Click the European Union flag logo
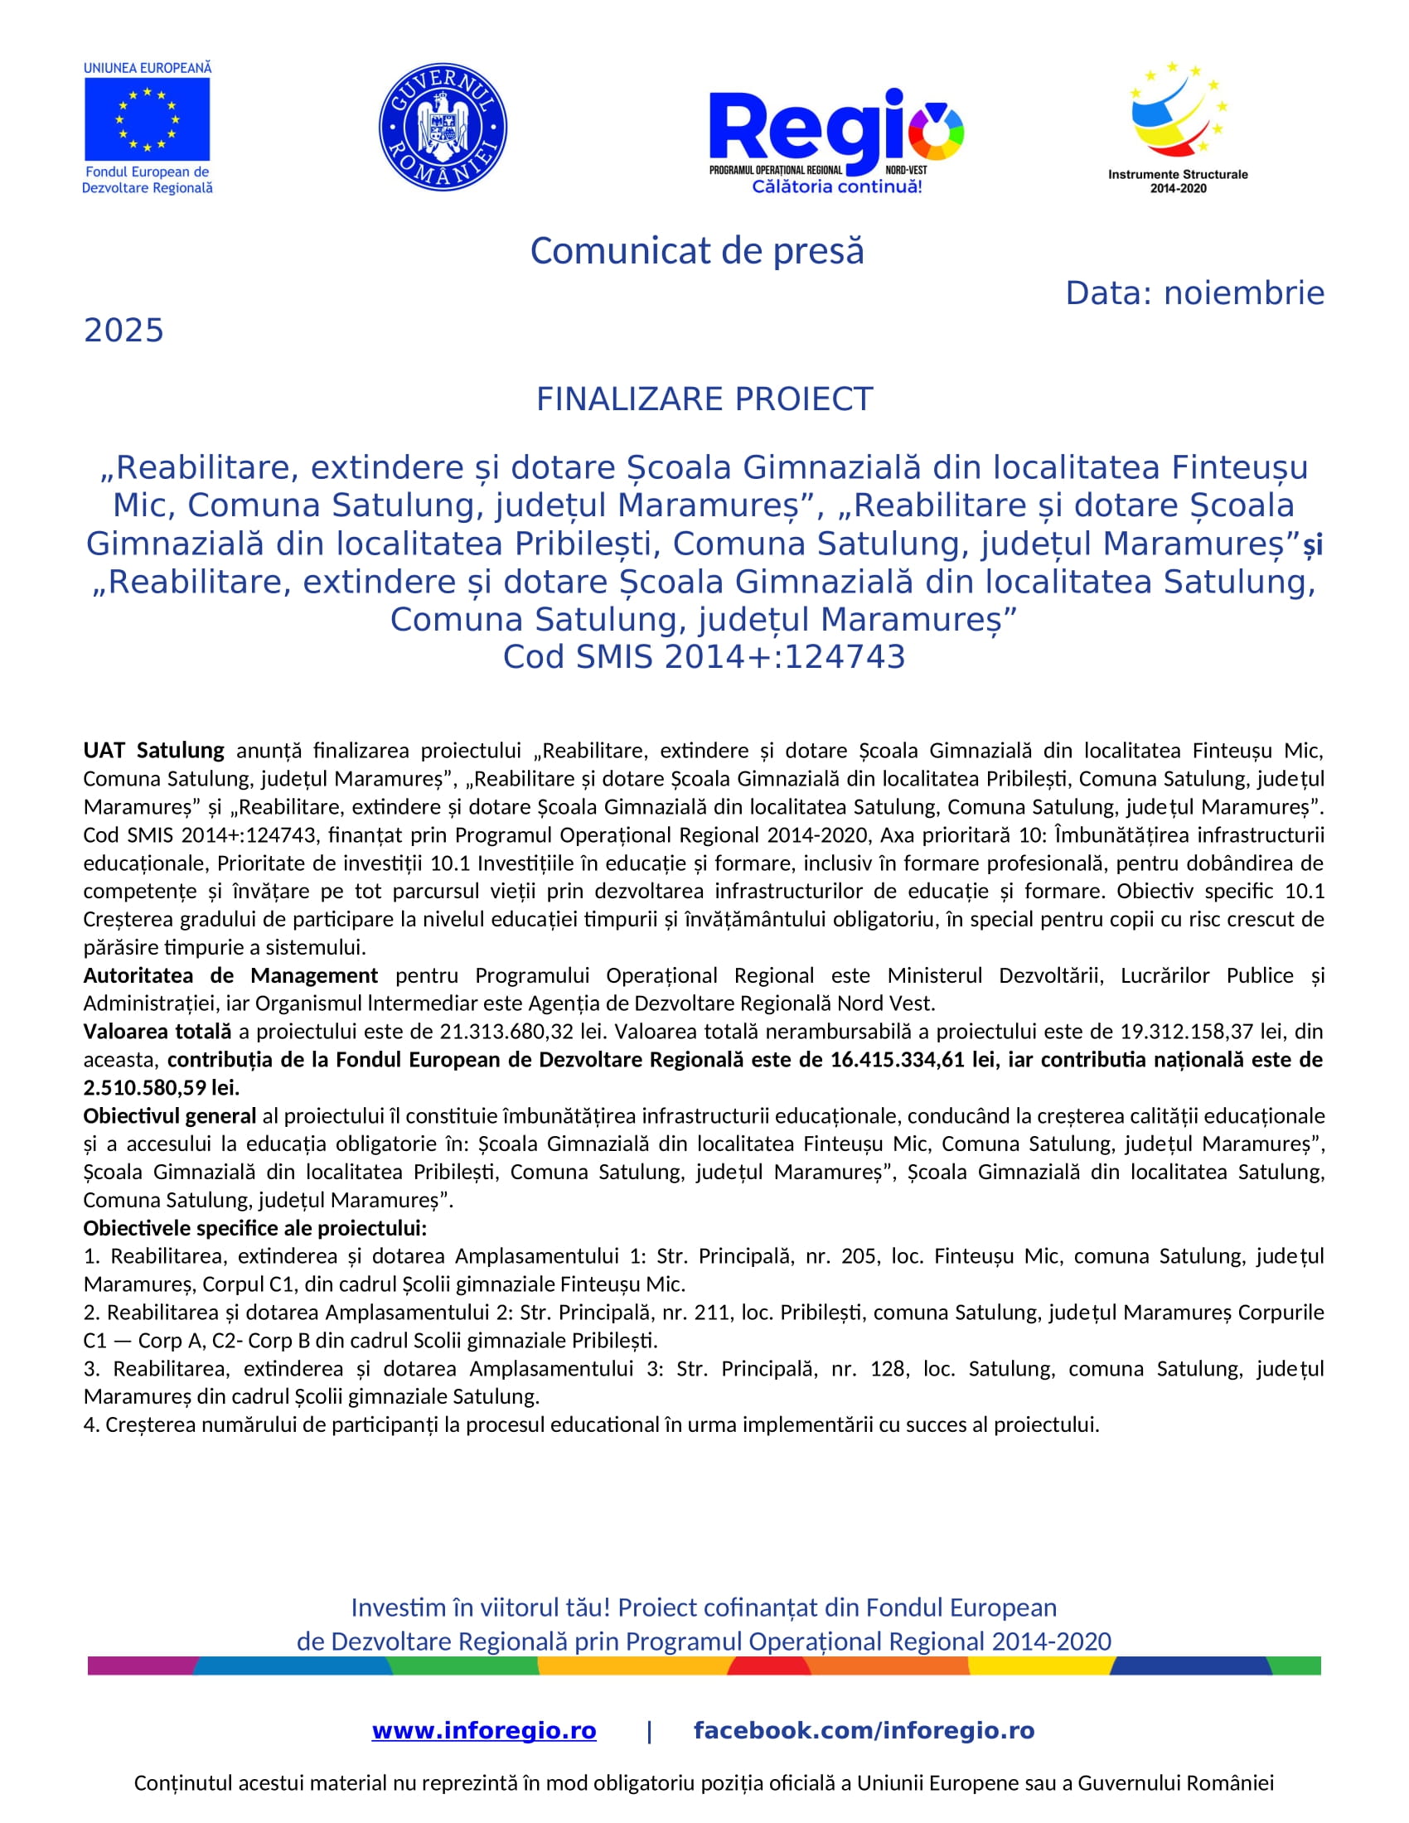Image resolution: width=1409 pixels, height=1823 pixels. click(x=147, y=118)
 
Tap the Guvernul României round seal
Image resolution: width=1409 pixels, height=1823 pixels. click(x=443, y=127)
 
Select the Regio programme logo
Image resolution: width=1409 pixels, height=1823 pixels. click(x=835, y=138)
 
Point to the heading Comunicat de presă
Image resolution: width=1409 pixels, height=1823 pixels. click(x=697, y=251)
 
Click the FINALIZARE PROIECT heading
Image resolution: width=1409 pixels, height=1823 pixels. click(x=704, y=399)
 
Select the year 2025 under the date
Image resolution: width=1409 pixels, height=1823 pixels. click(x=123, y=331)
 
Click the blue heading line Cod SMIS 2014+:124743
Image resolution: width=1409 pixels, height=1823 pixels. click(x=704, y=657)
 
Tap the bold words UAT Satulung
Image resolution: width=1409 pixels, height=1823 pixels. click(x=153, y=751)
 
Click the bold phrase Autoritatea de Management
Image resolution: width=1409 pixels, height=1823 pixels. click(x=230, y=975)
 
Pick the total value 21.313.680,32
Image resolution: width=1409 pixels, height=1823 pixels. click(x=506, y=1031)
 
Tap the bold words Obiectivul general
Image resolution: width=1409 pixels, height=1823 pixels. click(x=169, y=1116)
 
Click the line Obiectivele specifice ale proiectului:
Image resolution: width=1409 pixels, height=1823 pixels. click(x=254, y=1228)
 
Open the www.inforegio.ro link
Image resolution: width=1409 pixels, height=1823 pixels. click(x=484, y=1730)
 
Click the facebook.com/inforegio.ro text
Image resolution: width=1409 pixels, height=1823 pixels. click(x=864, y=1730)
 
